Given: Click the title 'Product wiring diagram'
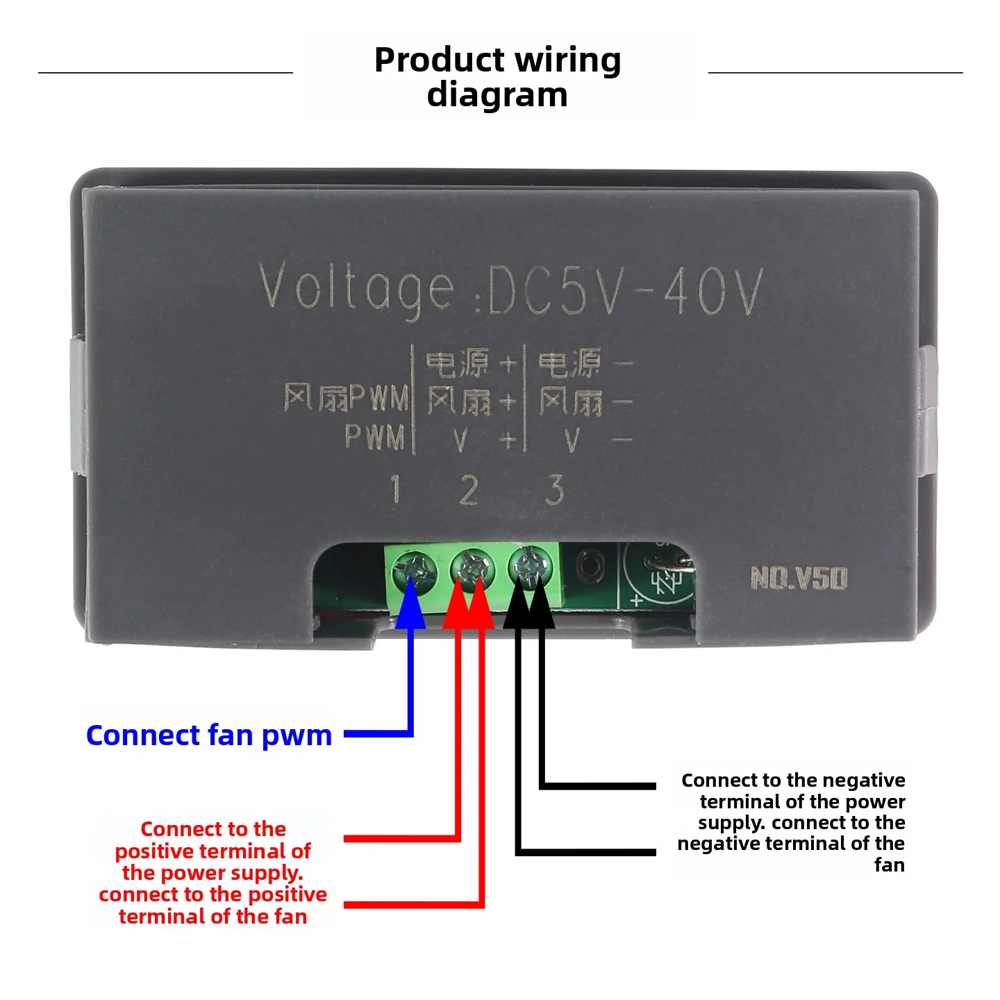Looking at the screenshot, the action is click(497, 77).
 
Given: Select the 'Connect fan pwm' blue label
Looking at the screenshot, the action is click(208, 735).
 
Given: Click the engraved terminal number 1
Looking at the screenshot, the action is click(396, 489).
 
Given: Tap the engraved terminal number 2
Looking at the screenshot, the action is click(469, 490).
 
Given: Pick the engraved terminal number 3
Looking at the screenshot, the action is click(554, 490).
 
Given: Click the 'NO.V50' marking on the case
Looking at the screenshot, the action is click(799, 578).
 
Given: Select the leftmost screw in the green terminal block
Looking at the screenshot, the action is click(415, 572).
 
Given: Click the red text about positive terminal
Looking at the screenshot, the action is click(212, 873).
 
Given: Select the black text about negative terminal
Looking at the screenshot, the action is click(792, 822).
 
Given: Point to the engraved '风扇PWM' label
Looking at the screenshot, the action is click(346, 398).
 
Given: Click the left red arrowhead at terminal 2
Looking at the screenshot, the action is click(457, 602).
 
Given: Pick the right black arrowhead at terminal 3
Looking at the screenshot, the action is click(541, 602).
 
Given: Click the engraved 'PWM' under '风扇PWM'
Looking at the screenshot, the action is click(375, 437).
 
